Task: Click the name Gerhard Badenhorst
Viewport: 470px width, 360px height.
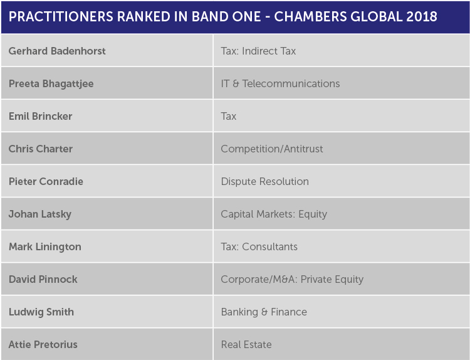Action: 57,51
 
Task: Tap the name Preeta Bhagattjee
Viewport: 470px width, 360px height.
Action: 51,84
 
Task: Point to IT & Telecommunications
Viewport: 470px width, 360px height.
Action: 280,83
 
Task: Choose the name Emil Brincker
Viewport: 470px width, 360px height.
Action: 41,116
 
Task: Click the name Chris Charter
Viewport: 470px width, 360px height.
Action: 41,149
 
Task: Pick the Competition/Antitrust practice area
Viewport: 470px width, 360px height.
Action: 272,149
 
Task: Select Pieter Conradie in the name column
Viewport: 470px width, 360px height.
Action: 46,181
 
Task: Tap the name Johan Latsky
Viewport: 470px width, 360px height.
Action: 40,214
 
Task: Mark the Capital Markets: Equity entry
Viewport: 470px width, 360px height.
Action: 274,214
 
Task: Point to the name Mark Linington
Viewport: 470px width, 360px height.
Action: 45,247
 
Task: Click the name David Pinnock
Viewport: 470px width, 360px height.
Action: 43,279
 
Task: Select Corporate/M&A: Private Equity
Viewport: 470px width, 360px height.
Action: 292,280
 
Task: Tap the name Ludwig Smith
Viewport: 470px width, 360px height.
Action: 41,312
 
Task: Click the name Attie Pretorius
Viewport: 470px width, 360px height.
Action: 43,345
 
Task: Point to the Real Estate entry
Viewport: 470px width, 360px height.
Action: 246,345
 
